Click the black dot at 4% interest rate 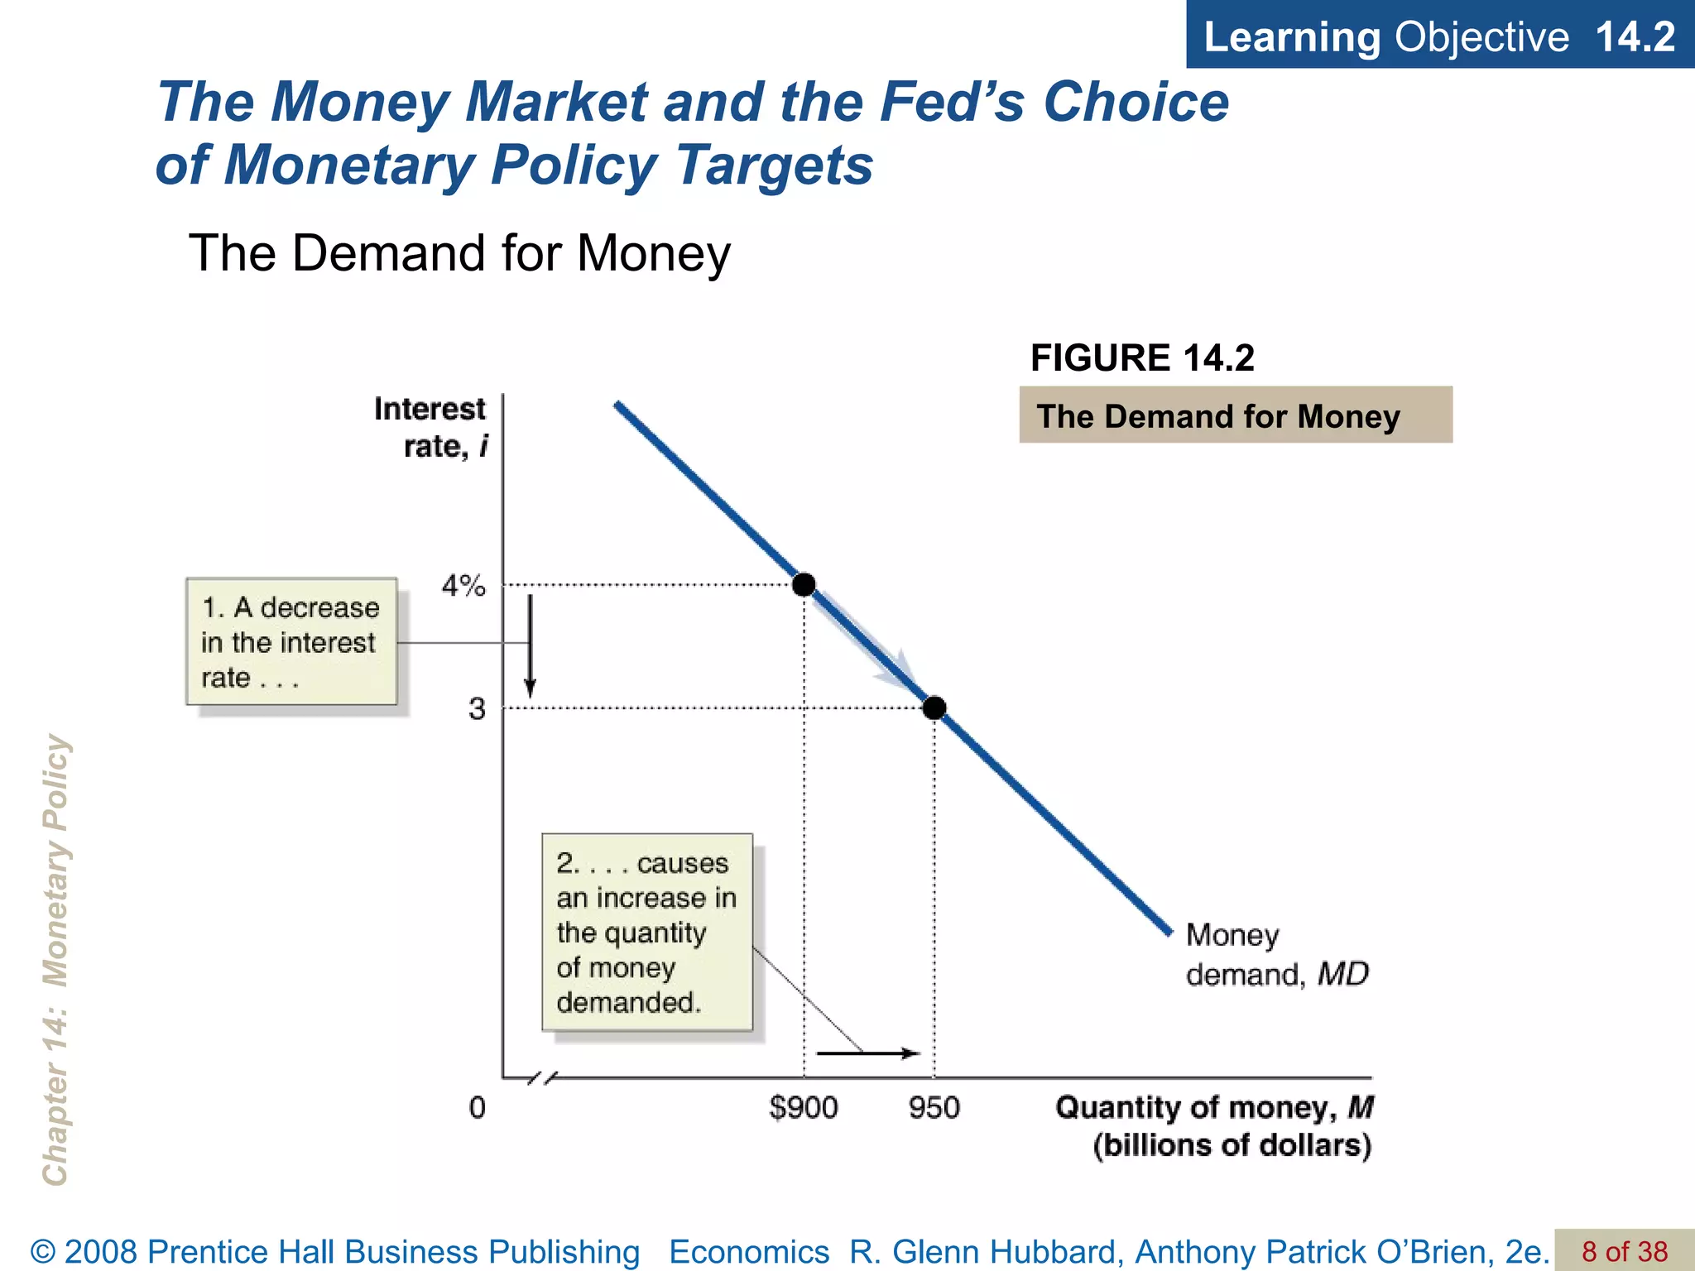coord(803,585)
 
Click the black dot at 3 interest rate coord(934,708)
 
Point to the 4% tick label coord(463,587)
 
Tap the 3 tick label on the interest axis coord(477,709)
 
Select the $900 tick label coord(803,1108)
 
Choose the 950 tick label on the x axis coord(934,1108)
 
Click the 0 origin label coord(477,1108)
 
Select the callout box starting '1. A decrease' coord(291,642)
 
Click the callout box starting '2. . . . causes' coord(647,933)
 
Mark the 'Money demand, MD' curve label coord(1276,955)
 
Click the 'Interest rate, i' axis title coord(430,427)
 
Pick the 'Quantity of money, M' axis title coord(1214,1126)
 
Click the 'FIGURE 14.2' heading coord(1142,358)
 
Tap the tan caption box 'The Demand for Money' coord(1235,415)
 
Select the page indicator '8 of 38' coord(1624,1251)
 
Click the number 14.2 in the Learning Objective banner coord(1635,36)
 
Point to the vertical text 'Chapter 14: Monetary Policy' coord(56,960)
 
